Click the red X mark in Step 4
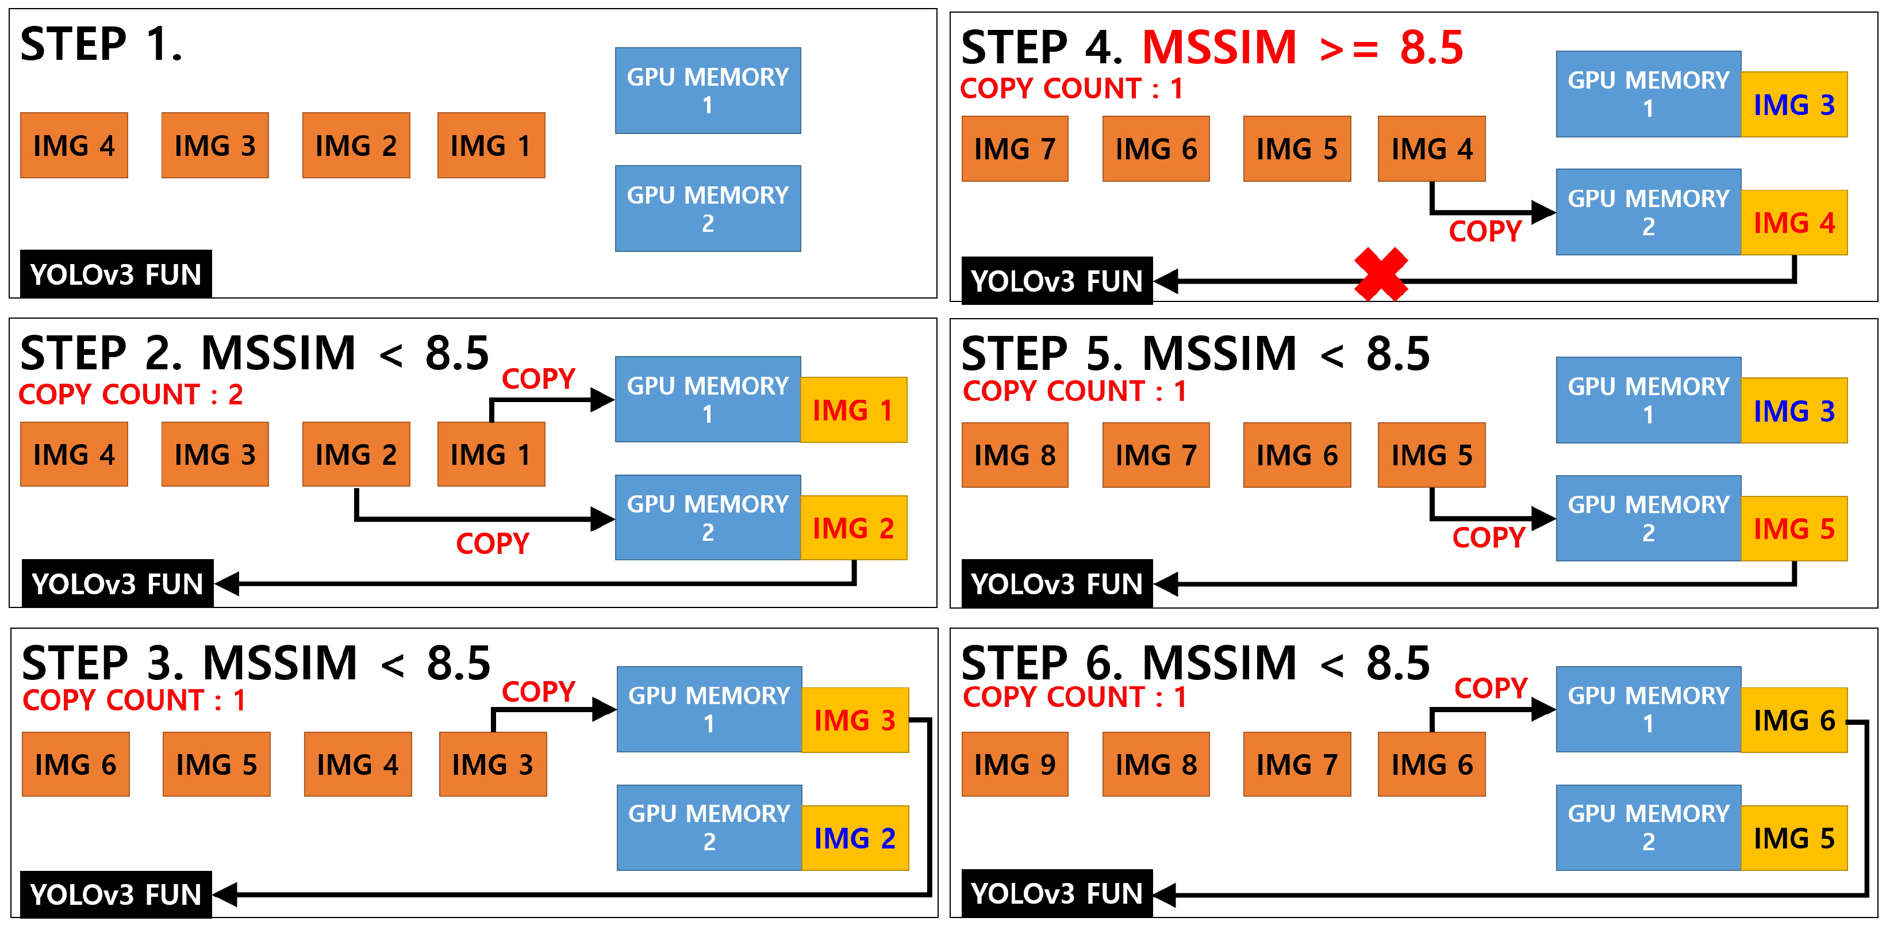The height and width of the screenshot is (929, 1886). (1381, 274)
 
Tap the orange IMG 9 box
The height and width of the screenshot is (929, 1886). (1015, 764)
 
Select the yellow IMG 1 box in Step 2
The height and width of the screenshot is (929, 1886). (854, 410)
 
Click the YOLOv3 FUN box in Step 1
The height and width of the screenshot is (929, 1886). (116, 274)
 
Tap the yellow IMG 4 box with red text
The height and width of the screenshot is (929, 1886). (1794, 223)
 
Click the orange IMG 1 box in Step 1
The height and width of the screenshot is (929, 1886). (490, 145)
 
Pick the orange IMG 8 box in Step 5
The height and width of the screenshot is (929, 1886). (1015, 455)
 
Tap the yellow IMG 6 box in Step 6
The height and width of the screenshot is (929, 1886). (1794, 720)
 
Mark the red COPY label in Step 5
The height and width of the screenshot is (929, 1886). (1488, 538)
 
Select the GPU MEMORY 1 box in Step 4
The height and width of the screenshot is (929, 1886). (1648, 94)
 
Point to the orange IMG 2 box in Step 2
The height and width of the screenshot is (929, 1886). (356, 454)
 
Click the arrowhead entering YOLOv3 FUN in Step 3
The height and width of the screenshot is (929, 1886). (225, 894)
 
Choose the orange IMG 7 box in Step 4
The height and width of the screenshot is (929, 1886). (1015, 149)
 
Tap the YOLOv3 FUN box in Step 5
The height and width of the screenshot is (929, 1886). (1057, 584)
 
